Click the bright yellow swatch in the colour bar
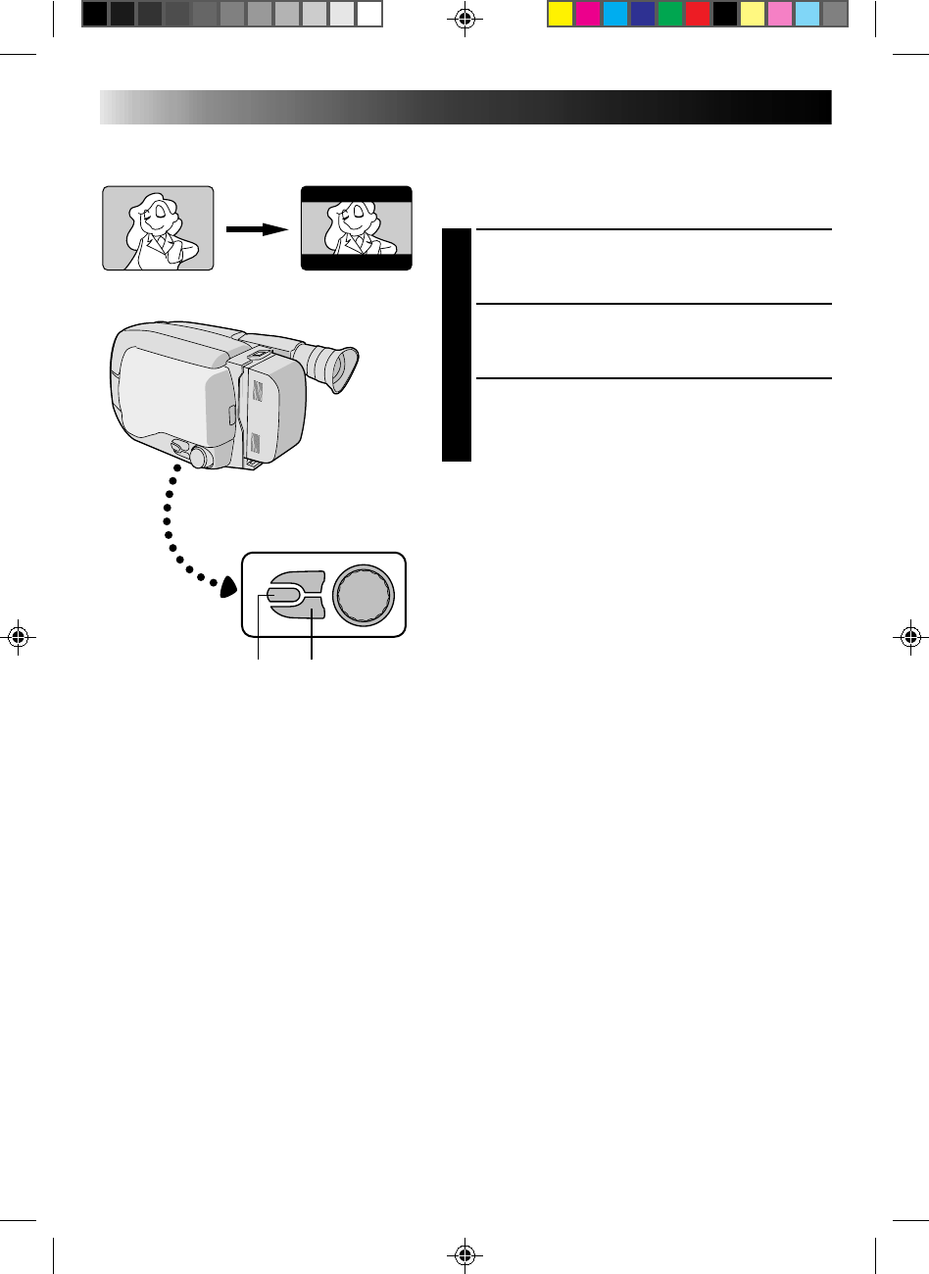[x=560, y=14]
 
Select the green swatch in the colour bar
[x=669, y=14]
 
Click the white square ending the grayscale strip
[x=368, y=14]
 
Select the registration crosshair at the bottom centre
[x=465, y=1253]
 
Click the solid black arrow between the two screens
[x=258, y=228]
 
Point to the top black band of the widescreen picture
[x=357, y=192]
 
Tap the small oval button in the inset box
[x=279, y=594]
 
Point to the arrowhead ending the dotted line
[x=227, y=586]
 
